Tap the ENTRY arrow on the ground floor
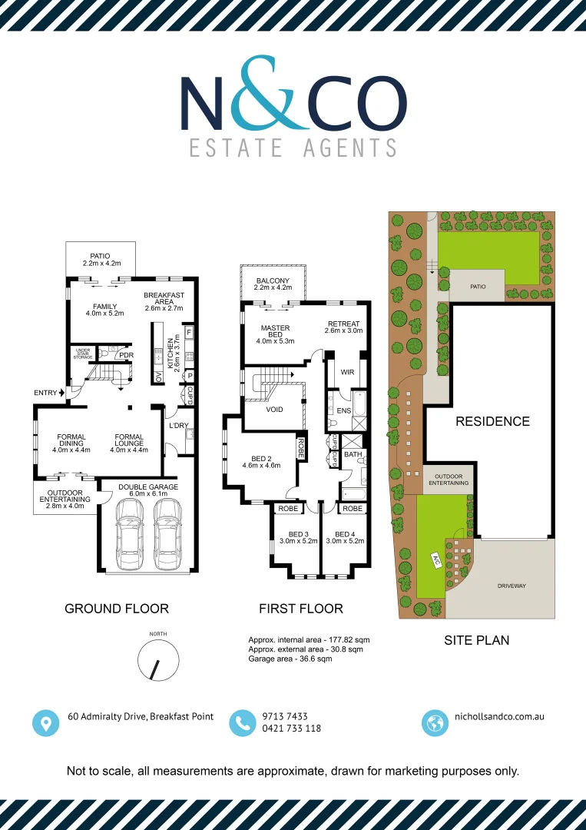(61, 393)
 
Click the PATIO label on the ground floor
(101, 256)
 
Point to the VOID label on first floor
(274, 410)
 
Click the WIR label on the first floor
(346, 372)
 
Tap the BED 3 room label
(298, 534)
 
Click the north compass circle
(158, 660)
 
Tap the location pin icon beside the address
(45, 722)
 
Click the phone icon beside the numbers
(243, 722)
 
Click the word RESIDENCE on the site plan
(492, 421)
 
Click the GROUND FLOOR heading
(116, 609)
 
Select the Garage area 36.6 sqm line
(290, 659)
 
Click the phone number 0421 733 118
(291, 729)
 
